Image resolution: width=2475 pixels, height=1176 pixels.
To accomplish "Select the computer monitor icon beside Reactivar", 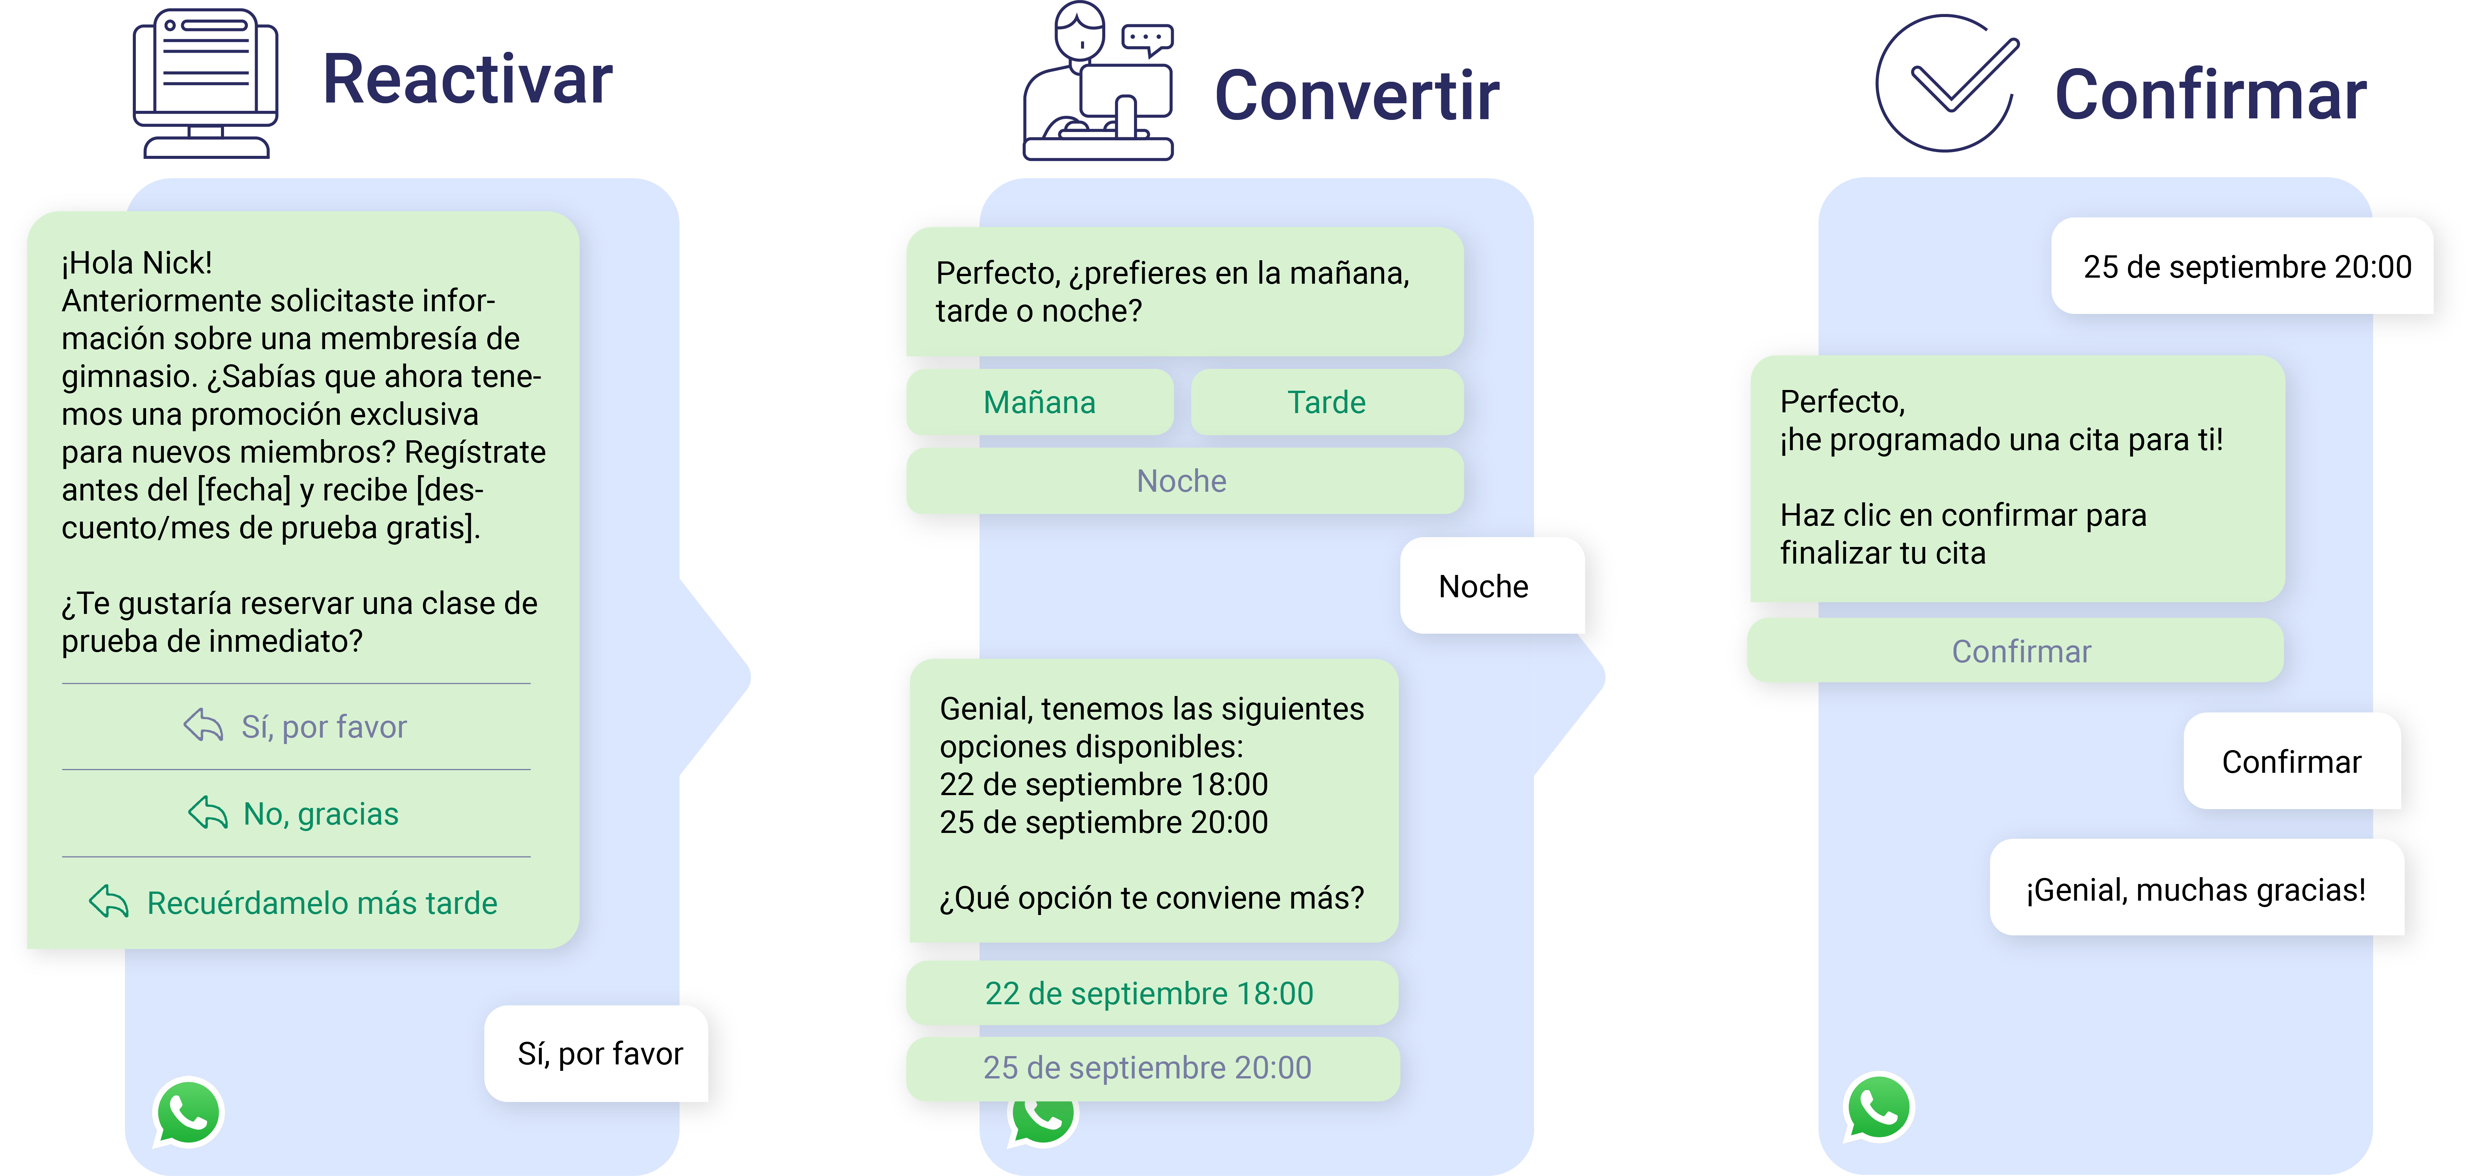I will pyautogui.click(x=205, y=84).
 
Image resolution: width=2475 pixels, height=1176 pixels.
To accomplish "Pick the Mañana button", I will pyautogui.click(x=1039, y=402).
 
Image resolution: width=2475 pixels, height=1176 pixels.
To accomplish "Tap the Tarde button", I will pyautogui.click(x=1326, y=402).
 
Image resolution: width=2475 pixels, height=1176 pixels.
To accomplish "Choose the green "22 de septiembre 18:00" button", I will pyautogui.click(x=1149, y=993).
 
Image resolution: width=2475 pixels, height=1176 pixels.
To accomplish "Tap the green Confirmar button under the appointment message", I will pyautogui.click(x=2021, y=651).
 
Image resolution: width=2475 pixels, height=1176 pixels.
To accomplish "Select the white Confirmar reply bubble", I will pyautogui.click(x=2290, y=762).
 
